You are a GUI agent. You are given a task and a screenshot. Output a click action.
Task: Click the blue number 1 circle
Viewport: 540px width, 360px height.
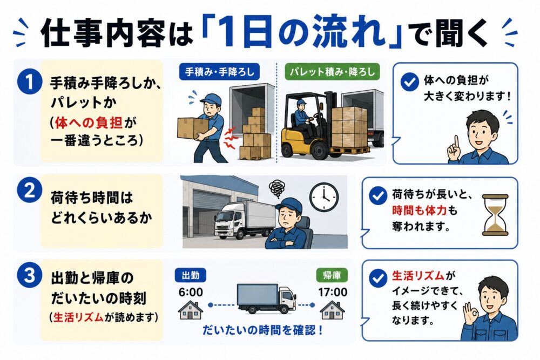click(x=29, y=83)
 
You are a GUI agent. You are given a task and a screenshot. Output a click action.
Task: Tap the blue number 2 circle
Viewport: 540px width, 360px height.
click(x=29, y=191)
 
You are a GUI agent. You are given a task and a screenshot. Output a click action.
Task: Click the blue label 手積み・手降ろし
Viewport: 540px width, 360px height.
click(x=219, y=72)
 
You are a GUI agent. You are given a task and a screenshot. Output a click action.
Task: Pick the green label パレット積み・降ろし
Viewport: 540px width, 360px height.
click(x=332, y=72)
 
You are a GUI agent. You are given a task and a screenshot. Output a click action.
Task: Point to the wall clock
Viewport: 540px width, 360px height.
click(x=323, y=197)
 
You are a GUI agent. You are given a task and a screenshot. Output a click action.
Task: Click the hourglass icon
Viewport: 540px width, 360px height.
click(x=495, y=215)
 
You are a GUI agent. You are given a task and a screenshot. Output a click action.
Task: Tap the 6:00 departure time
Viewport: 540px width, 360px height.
click(x=191, y=292)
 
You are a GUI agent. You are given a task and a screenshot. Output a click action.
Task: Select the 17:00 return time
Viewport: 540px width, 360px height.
click(x=332, y=292)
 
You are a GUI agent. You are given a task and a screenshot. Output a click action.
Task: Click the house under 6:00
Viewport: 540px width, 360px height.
click(x=191, y=310)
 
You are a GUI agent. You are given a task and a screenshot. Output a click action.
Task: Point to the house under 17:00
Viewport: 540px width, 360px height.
click(x=332, y=310)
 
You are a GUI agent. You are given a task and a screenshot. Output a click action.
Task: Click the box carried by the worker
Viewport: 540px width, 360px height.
click(x=192, y=127)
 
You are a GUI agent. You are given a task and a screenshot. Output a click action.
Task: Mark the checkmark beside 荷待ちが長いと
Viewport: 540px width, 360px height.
click(x=378, y=196)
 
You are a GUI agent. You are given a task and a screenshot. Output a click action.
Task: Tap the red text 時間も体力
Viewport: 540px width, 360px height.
click(x=419, y=210)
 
